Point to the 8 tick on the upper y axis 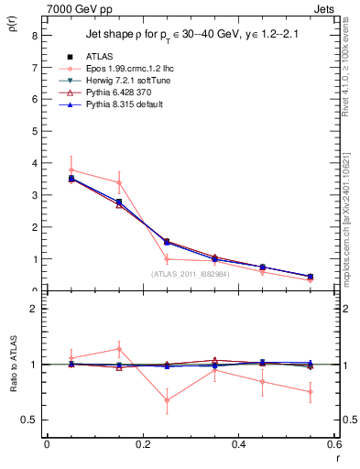34,36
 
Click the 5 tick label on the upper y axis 34,131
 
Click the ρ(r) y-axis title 12,27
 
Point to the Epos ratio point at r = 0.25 167,400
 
